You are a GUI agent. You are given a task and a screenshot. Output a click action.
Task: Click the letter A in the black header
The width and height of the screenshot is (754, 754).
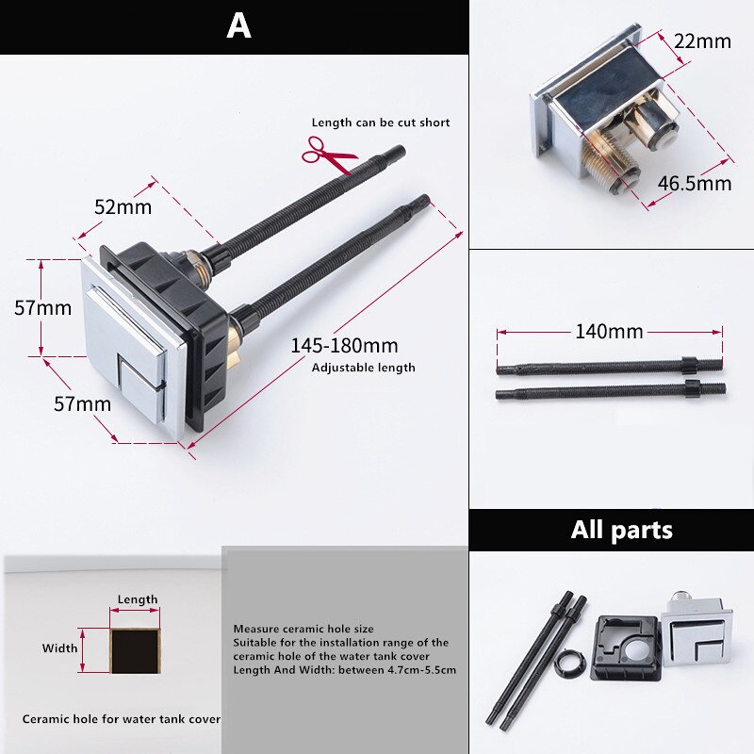(x=238, y=25)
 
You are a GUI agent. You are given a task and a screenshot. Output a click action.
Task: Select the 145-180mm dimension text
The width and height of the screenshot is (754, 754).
(x=344, y=346)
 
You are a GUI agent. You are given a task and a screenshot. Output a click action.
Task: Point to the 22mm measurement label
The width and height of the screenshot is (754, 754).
(x=701, y=41)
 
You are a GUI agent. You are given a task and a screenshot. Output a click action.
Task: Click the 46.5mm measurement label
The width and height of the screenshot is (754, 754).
(x=695, y=183)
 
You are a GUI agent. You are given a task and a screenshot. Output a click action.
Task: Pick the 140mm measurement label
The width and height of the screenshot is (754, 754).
(x=609, y=331)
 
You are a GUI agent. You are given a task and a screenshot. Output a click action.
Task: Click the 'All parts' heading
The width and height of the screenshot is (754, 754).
(x=622, y=530)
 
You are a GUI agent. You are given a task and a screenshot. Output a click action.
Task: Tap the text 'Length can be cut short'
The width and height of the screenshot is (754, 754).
(x=381, y=123)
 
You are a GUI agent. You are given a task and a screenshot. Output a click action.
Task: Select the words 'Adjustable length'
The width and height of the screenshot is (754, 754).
(x=363, y=368)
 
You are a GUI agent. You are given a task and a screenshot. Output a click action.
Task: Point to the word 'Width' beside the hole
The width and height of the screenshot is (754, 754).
(x=59, y=648)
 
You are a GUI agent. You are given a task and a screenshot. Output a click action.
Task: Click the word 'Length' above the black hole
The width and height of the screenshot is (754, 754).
(x=138, y=599)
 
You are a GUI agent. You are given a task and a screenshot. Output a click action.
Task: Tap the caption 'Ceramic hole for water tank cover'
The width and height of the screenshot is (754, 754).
(x=122, y=719)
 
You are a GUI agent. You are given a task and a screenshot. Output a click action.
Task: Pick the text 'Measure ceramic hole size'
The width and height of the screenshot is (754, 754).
(x=304, y=629)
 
